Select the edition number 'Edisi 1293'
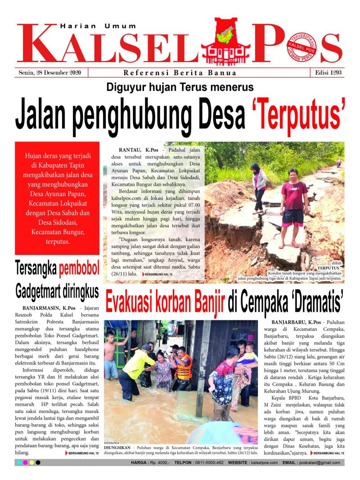click(327, 73)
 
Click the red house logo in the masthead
click(226, 40)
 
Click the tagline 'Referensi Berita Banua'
click(180, 73)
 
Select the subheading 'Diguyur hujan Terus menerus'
click(180, 87)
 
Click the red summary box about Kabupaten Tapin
click(57, 198)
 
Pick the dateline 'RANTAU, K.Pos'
click(133, 149)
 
